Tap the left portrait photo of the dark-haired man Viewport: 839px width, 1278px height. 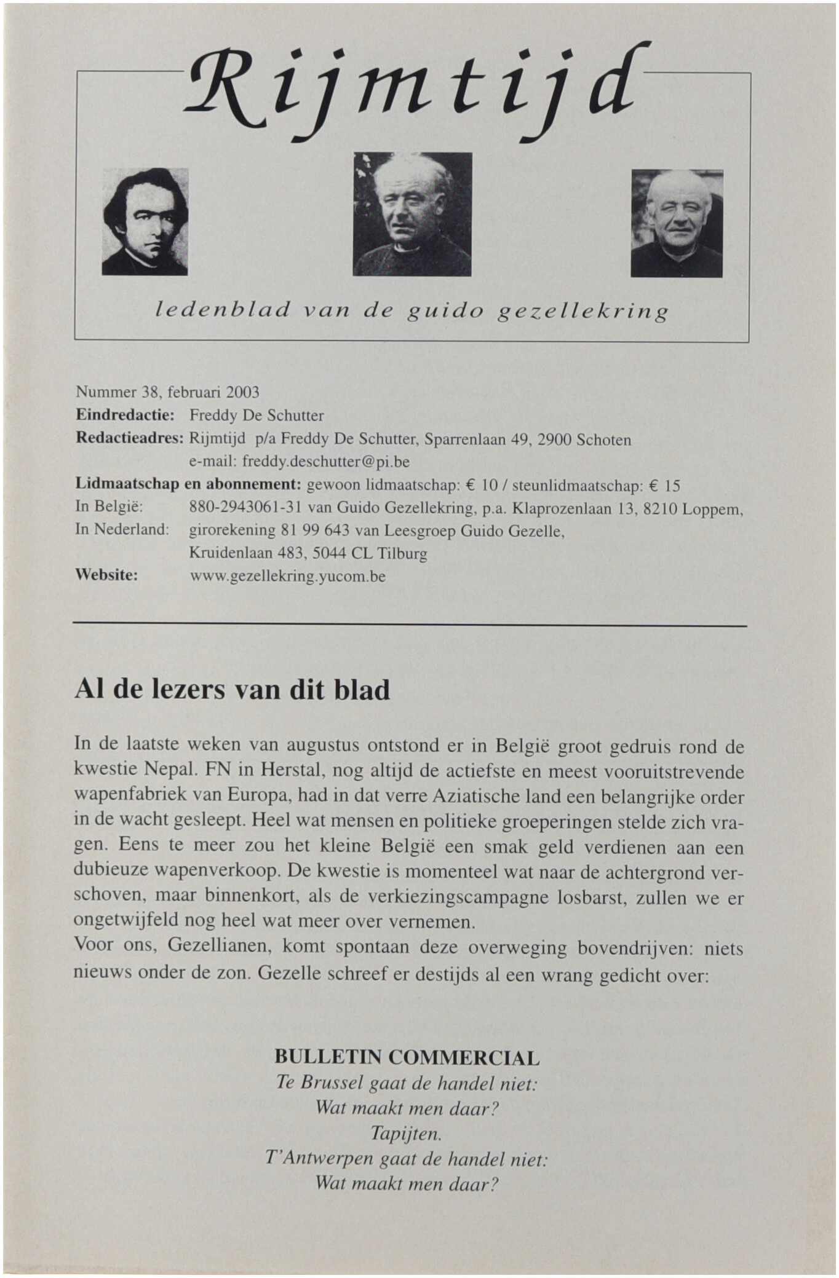pos(145,221)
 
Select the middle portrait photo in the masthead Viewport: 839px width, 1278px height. pos(412,214)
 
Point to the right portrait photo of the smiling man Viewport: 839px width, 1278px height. pos(677,223)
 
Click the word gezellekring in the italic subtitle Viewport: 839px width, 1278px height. pos(583,312)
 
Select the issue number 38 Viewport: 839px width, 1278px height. pos(151,392)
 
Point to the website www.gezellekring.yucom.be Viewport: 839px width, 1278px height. pos(287,577)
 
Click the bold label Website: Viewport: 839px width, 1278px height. pos(106,575)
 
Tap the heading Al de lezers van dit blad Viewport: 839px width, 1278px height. pos(232,690)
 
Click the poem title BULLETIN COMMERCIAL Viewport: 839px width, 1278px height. pos(407,1058)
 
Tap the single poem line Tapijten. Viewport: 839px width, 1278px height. pos(406,1132)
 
